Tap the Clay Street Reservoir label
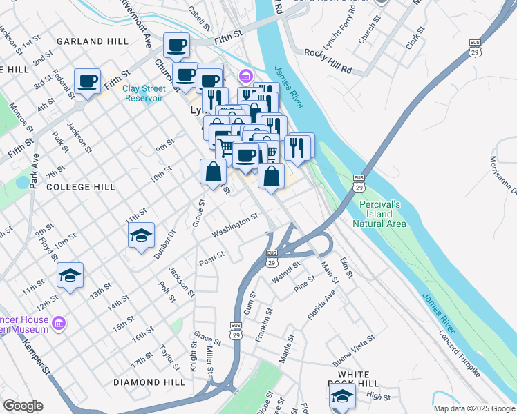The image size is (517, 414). click(144, 92)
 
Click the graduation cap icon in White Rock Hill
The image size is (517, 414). click(341, 397)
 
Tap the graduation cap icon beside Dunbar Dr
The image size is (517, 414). click(141, 237)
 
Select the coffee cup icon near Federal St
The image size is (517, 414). click(88, 81)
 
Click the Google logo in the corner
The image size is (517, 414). click(23, 406)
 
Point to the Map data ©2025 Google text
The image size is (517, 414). click(474, 408)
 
